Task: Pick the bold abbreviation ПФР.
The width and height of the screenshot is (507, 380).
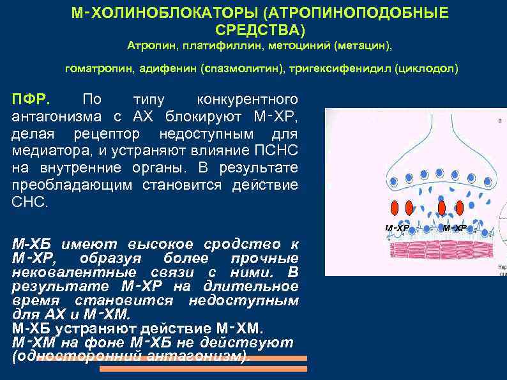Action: point(34,100)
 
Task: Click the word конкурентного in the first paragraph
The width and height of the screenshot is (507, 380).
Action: point(248,100)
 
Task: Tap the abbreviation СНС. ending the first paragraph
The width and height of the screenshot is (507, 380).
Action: point(30,202)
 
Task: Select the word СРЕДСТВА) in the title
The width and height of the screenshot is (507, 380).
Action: point(261,30)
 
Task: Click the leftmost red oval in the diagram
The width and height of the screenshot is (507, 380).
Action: point(394,209)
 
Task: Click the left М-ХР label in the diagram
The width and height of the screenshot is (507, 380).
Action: point(397,228)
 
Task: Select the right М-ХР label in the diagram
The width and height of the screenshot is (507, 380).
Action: point(455,228)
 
